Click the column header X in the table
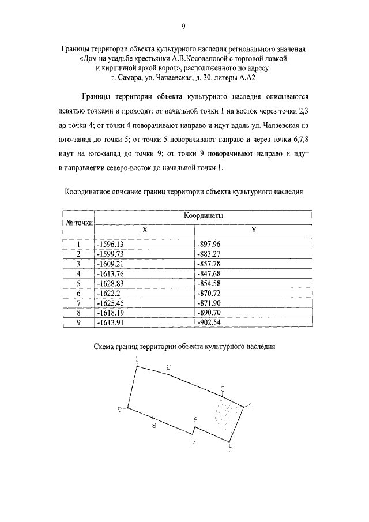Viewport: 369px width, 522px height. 145,229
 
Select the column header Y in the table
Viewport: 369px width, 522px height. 253,229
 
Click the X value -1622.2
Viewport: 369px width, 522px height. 109,293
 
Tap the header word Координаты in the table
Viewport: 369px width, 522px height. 203,215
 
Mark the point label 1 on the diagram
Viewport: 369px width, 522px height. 137,359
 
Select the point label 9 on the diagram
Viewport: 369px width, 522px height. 119,409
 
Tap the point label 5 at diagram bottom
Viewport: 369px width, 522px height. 230,450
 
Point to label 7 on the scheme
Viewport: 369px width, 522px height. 194,442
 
